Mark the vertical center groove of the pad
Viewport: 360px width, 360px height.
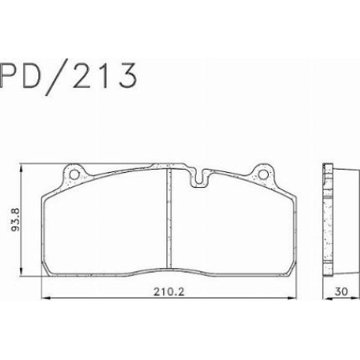pyautogui.click(x=168, y=224)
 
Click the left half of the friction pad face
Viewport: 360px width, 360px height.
pyautogui.click(x=104, y=228)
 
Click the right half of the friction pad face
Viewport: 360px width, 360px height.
pyautogui.click(x=232, y=228)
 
